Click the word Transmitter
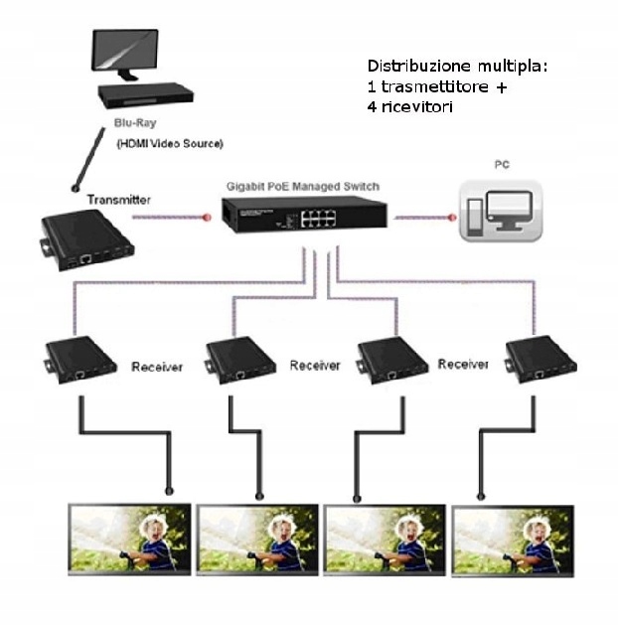tap(119, 200)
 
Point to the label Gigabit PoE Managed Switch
tap(302, 186)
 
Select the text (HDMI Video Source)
tap(170, 144)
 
